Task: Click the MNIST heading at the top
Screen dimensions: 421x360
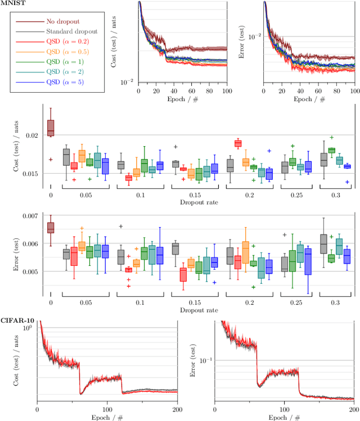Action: (x=11, y=3)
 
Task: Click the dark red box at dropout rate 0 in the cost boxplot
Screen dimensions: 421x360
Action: (x=51, y=126)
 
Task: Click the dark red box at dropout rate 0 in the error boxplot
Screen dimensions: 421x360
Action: (x=51, y=227)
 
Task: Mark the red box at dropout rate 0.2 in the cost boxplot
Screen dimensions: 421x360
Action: (x=237, y=143)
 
